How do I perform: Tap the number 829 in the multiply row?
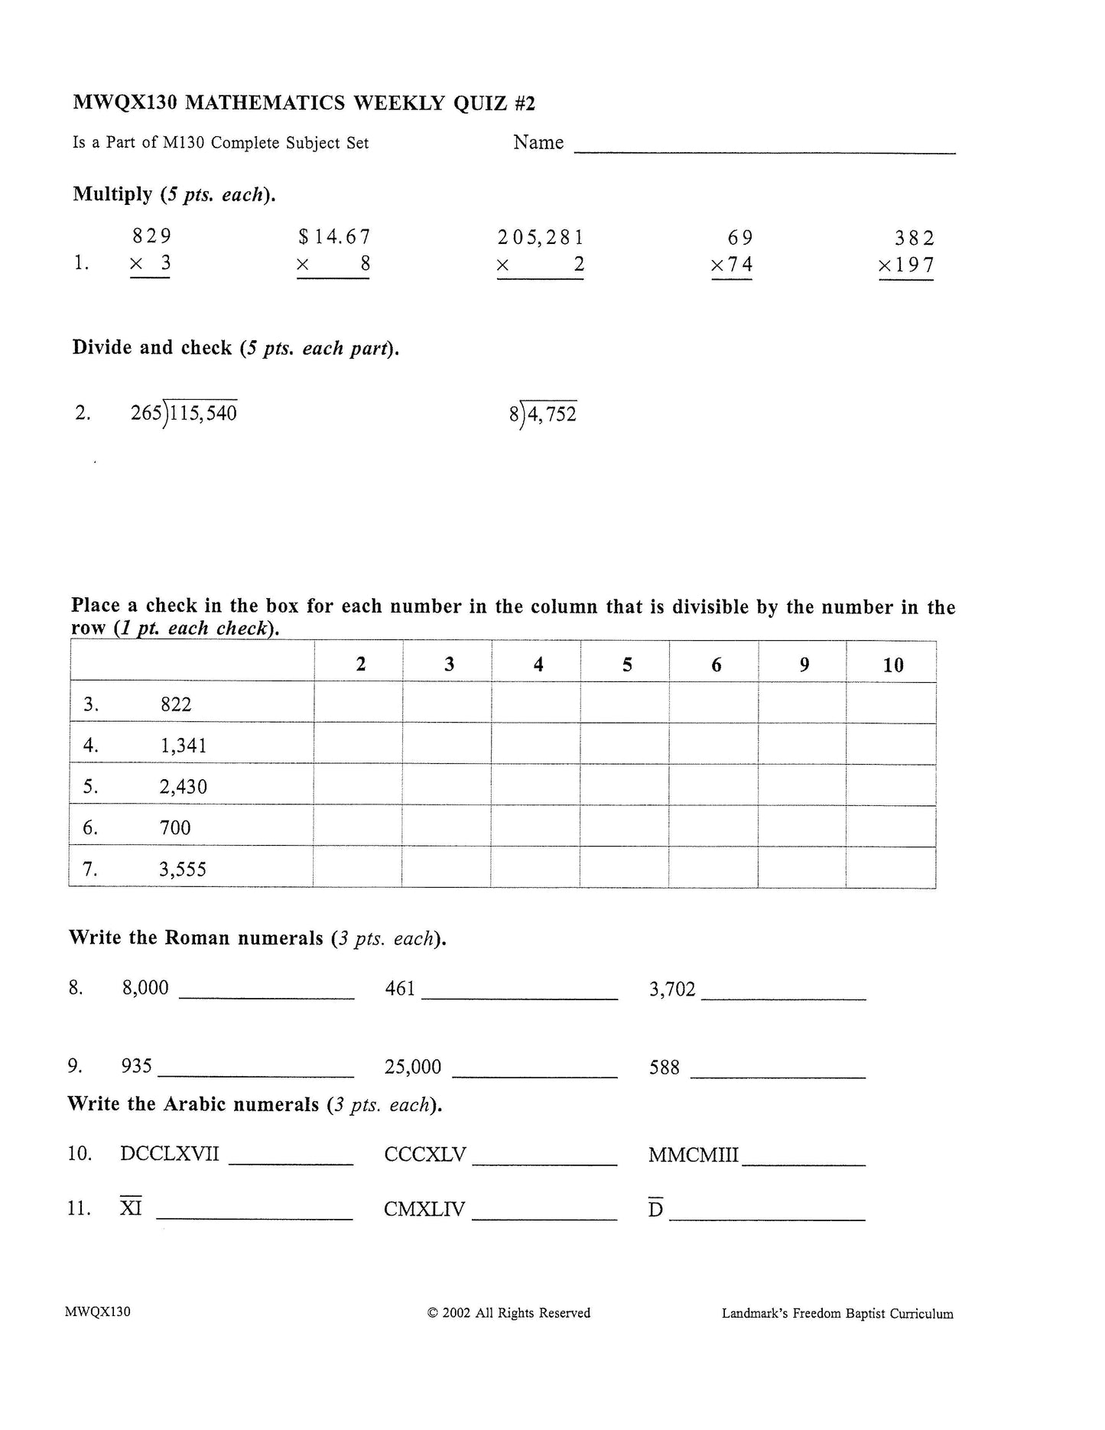coord(152,236)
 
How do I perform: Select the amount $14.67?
coord(335,237)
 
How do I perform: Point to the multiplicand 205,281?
coord(541,238)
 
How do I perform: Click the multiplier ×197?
coord(906,265)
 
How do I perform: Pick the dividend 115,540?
coord(203,414)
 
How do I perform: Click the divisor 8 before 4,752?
coord(513,414)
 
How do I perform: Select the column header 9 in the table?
coord(804,665)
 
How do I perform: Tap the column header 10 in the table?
coord(892,665)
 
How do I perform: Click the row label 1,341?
coord(184,746)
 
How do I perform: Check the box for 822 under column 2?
coord(359,704)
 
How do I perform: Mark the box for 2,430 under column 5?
coord(625,785)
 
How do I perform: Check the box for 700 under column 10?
coord(891,827)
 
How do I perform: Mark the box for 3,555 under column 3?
coord(447,868)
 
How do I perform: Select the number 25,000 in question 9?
coord(413,1067)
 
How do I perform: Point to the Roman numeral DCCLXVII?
coord(170,1154)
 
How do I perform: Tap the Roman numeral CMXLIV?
coord(424,1210)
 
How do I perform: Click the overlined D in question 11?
coord(655,1210)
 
